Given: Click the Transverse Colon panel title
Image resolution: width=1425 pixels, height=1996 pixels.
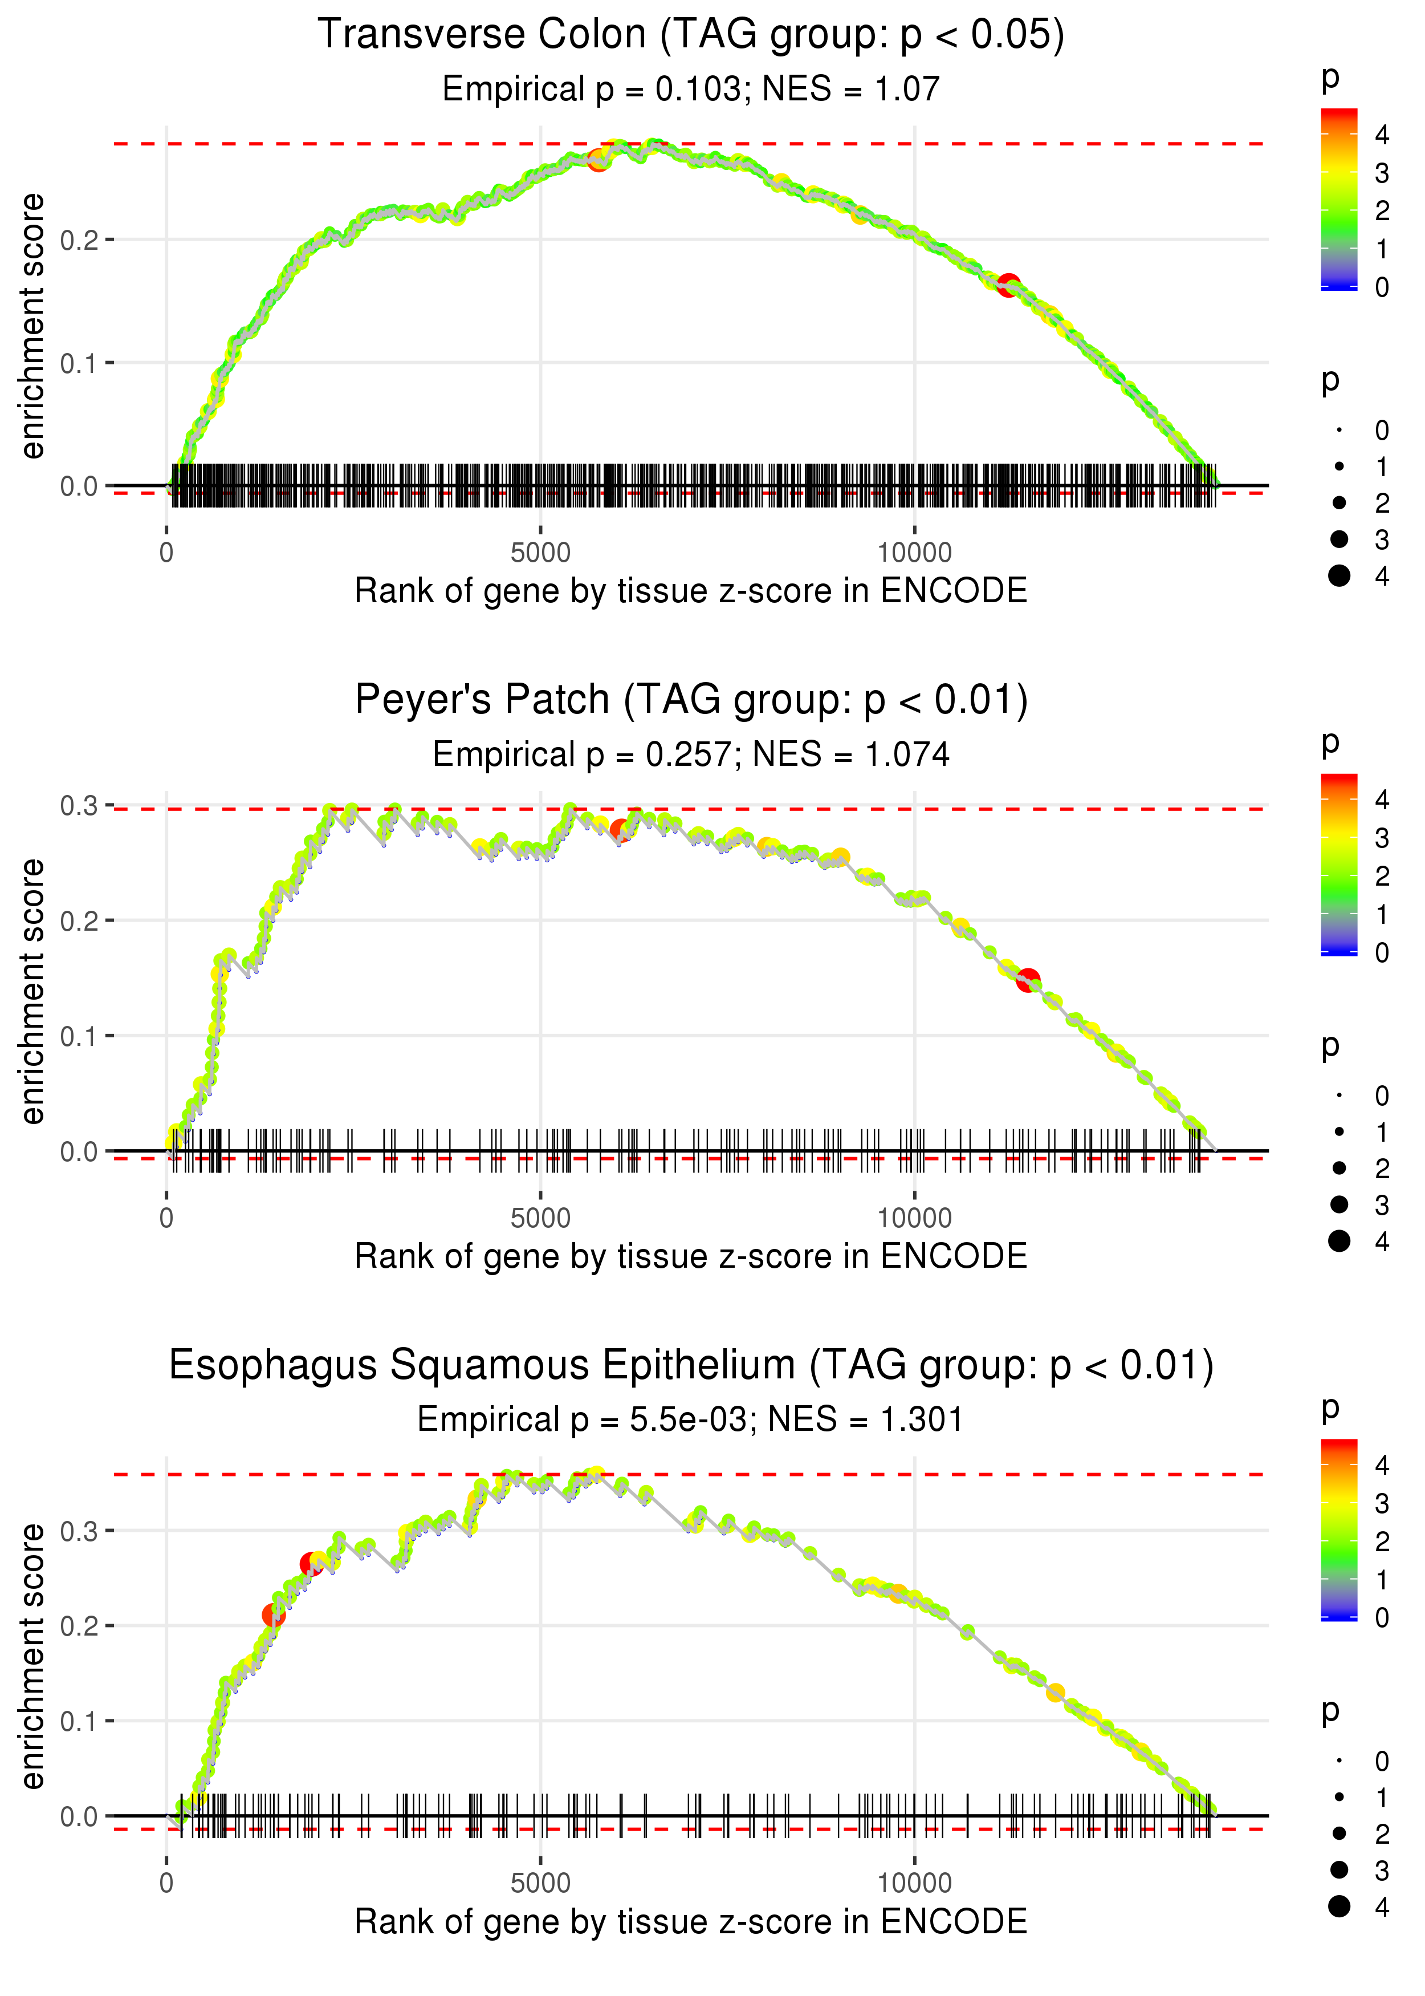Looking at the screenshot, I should click(x=691, y=35).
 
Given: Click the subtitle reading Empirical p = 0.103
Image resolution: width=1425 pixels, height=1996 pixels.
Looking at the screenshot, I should click(x=691, y=90).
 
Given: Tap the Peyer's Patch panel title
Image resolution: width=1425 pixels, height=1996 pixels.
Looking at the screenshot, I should click(x=691, y=700).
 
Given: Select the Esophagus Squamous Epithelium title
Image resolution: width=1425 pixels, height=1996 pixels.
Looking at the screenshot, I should click(x=691, y=1366).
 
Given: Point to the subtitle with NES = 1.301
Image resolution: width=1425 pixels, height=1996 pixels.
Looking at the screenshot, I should click(x=691, y=1419).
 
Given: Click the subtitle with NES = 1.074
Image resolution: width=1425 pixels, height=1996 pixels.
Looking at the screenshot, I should click(x=691, y=755).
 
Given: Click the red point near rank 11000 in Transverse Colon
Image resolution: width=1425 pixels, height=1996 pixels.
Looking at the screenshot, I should click(x=1008, y=285).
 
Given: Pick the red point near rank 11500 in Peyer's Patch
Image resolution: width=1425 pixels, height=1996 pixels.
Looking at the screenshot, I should click(x=1028, y=980).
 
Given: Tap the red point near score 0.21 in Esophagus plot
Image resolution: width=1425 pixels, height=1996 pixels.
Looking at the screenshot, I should click(x=274, y=1615).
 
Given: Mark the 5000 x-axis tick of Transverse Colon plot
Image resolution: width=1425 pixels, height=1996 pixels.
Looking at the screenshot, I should click(x=540, y=553).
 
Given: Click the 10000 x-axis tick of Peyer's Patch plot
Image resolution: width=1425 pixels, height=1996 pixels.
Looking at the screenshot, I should click(x=914, y=1218).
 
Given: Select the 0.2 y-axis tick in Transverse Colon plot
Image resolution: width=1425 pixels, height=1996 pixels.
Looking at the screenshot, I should click(x=79, y=240).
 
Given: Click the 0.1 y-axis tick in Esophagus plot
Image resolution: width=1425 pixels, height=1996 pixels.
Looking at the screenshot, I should click(x=79, y=1721).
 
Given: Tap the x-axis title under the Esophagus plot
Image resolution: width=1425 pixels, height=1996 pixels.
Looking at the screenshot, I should click(x=691, y=1921).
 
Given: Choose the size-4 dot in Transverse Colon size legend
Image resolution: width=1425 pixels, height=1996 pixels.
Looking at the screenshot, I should click(x=1339, y=576).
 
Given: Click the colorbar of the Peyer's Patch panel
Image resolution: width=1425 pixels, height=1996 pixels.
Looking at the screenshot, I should click(x=1339, y=864).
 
